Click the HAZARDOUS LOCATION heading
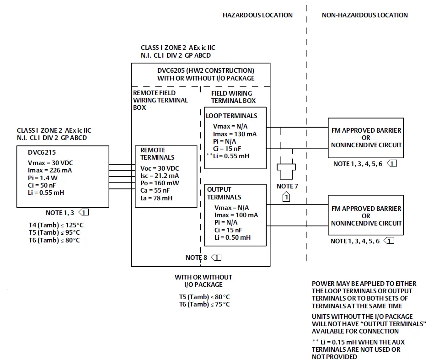tap(257, 15)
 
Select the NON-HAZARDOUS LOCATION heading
tap(364, 15)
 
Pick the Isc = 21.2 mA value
tap(159, 176)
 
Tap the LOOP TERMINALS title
tap(231, 116)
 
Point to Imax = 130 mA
tap(235, 134)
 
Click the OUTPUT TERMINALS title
tap(224, 193)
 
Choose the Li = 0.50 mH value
tap(232, 237)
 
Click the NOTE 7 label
tap(287, 186)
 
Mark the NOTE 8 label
tap(197, 258)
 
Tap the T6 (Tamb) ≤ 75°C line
tap(204, 304)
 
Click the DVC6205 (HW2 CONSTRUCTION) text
tap(205, 71)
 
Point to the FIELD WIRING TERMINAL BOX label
tap(233, 97)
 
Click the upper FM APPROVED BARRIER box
tap(366, 138)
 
